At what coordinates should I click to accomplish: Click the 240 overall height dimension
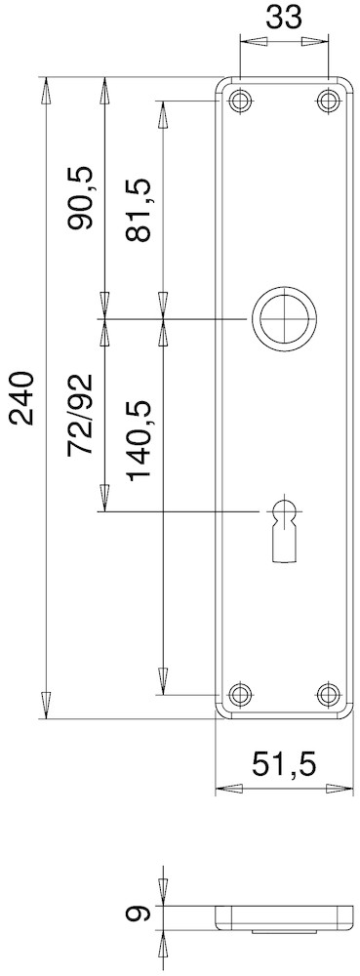[22, 398]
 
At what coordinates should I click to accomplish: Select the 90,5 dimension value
[81, 198]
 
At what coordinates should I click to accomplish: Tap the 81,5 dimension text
[139, 210]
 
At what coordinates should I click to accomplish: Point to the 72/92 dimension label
[81, 415]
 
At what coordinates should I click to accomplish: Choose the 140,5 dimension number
[139, 441]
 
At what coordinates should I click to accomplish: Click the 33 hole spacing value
[284, 17]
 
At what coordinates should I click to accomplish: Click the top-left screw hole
[239, 101]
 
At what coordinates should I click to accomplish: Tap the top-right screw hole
[328, 101]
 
